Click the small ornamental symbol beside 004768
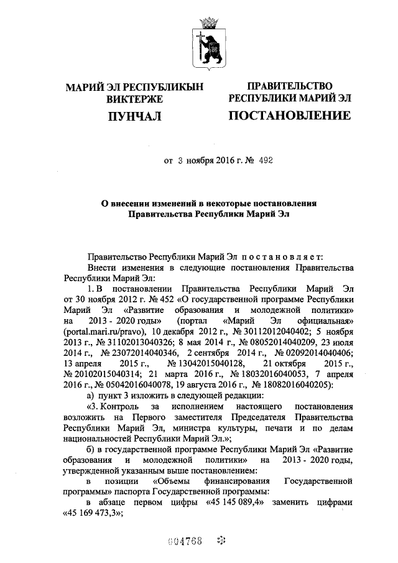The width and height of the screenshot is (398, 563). pyautogui.click(x=219, y=539)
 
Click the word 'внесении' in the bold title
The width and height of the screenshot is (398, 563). pyautogui.click(x=142, y=202)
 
